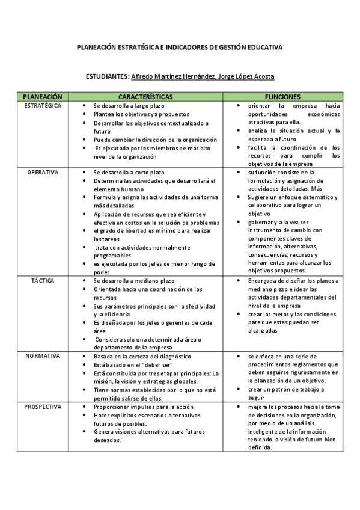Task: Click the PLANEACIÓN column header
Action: pyautogui.click(x=42, y=96)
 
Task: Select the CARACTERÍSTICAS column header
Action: pyautogui.click(x=145, y=96)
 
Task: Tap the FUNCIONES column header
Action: pyautogui.click(x=282, y=96)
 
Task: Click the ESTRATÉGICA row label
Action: pyautogui.click(x=42, y=105)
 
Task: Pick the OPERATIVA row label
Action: pyautogui.click(x=43, y=172)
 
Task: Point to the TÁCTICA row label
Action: pyautogui.click(x=43, y=280)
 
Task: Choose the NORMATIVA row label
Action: pyautogui.click(x=43, y=355)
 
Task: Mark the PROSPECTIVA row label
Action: pyautogui.click(x=43, y=407)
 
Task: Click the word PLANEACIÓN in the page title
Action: pyautogui.click(x=100, y=46)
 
